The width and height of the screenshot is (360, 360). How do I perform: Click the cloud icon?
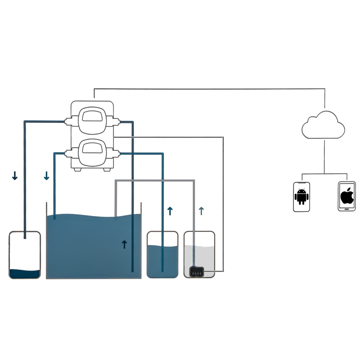click(x=324, y=124)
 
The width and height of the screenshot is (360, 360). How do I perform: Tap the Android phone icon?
click(x=301, y=197)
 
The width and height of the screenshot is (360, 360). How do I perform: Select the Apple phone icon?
click(x=346, y=197)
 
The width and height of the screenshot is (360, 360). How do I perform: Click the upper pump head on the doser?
click(x=93, y=121)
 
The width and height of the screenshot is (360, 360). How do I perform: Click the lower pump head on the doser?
click(x=93, y=153)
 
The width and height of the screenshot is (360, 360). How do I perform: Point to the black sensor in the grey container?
click(x=197, y=271)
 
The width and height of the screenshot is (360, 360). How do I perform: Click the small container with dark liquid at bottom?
click(x=25, y=255)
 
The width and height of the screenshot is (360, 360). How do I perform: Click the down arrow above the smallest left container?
click(x=15, y=176)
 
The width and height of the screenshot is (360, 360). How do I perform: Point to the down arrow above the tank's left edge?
click(x=46, y=176)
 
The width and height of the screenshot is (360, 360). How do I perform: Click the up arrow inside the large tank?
click(x=125, y=244)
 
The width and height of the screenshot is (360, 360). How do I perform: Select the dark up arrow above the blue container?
click(x=170, y=211)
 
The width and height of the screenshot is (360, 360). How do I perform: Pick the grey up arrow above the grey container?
click(x=201, y=210)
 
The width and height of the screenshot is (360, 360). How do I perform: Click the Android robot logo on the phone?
click(x=301, y=197)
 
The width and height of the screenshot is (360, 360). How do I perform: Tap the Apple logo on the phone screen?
click(x=346, y=196)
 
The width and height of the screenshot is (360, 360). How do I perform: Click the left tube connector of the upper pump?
click(x=69, y=121)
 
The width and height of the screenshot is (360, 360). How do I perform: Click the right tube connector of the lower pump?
click(x=116, y=154)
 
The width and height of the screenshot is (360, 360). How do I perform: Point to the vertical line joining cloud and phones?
click(x=324, y=155)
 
